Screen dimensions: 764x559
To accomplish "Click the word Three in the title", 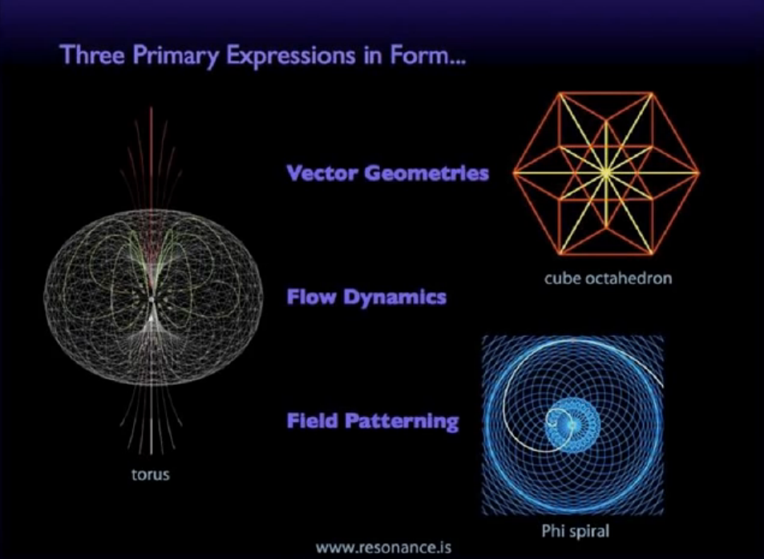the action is point(92,54).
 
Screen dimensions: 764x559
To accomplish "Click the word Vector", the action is point(322,172).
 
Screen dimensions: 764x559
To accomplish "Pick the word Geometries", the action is point(426,172).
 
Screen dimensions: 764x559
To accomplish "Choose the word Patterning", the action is point(402,421).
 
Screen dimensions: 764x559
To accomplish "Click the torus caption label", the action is point(151,474).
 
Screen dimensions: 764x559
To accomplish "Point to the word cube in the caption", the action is point(562,278).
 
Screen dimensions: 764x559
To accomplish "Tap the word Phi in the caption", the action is point(552,530).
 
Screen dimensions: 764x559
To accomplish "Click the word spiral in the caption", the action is point(588,531).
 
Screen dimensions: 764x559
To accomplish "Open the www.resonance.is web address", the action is point(383,547).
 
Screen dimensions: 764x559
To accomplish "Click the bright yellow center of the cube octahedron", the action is point(605,172).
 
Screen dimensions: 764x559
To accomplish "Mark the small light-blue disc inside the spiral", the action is point(572,425).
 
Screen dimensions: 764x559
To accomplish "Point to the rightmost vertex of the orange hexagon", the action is point(699,172).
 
